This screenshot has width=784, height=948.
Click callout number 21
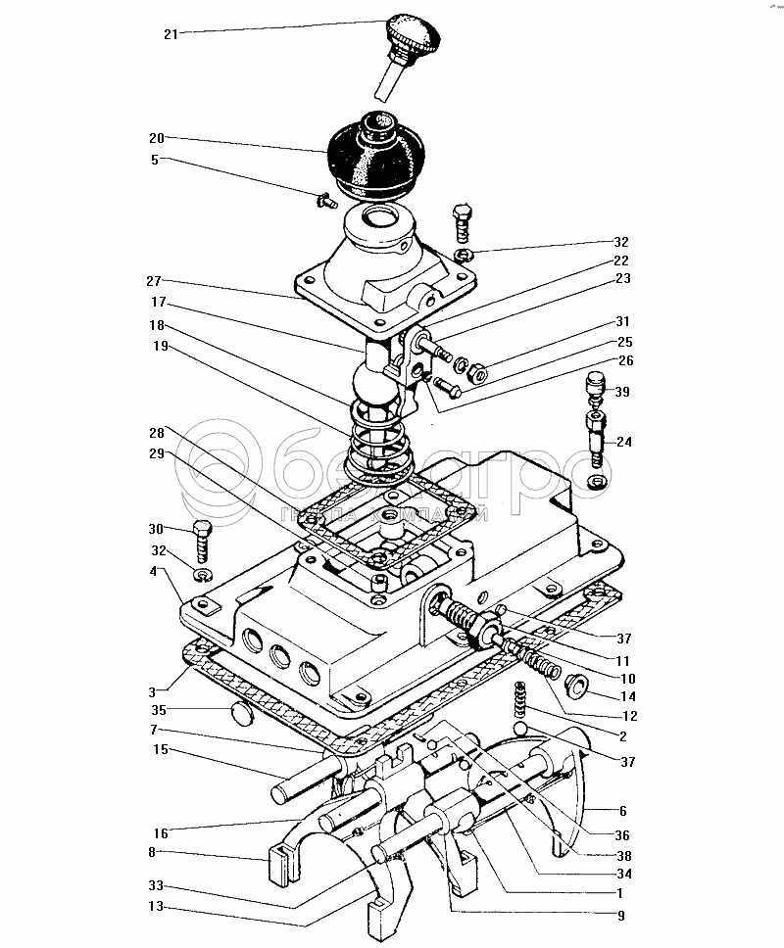(x=171, y=34)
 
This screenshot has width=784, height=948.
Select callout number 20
(x=157, y=138)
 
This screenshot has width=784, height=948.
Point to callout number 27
(x=157, y=279)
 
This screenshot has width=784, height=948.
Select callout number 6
(x=623, y=811)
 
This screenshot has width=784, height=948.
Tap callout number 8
(x=157, y=852)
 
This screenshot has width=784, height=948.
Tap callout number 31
(x=623, y=321)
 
